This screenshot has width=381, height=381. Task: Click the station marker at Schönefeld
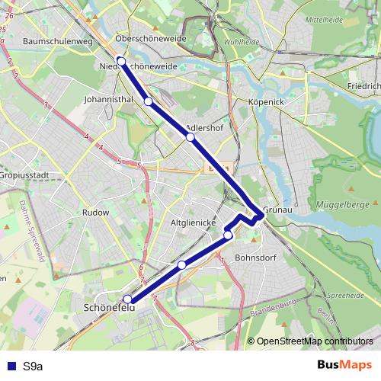(x=127, y=299)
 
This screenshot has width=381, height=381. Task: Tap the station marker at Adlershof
(x=190, y=137)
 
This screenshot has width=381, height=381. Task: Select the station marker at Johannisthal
(x=149, y=101)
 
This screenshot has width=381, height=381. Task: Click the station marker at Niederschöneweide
(x=121, y=61)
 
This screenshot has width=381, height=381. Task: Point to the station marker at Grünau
(x=260, y=216)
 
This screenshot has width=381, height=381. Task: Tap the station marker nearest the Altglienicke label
(x=228, y=235)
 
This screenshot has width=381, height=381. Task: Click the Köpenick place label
(x=266, y=101)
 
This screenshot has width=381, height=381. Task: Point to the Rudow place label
(x=96, y=213)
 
